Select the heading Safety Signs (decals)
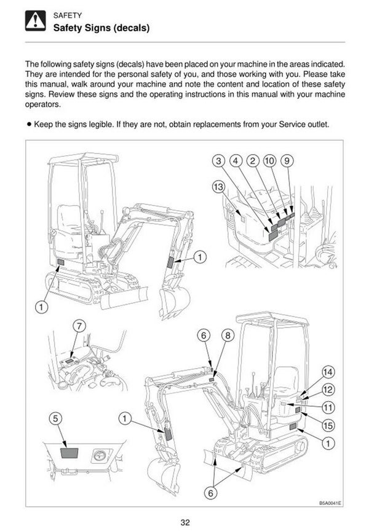101,28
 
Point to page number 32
184,522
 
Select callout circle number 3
218,161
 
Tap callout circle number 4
235,161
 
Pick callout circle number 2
252,161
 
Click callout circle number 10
269,161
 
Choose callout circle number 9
286,161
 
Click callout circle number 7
79,325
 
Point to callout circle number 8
228,335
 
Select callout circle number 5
55,418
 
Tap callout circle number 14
328,372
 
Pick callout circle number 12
328,389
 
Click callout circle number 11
328,406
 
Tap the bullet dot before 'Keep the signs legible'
28,124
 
